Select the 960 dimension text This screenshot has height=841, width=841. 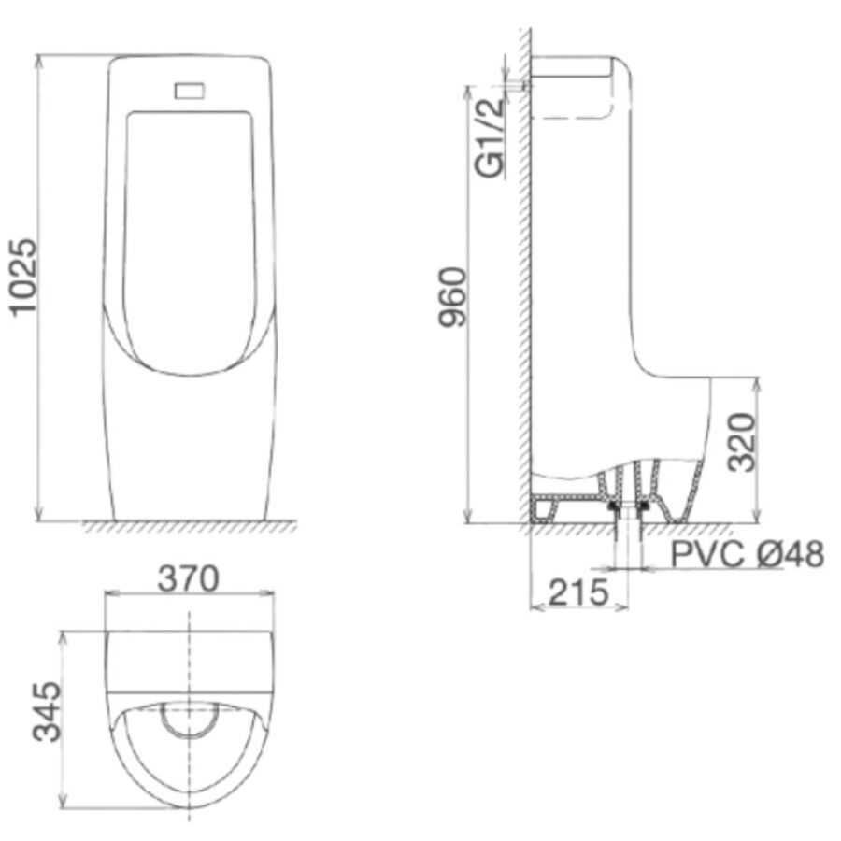[452, 296]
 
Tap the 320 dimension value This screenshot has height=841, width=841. [741, 443]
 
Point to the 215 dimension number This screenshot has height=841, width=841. [578, 592]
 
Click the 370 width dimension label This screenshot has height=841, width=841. [189, 578]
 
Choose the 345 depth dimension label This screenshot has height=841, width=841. [46, 712]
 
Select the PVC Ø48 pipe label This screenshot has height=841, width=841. [748, 554]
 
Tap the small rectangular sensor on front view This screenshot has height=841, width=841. [190, 90]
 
